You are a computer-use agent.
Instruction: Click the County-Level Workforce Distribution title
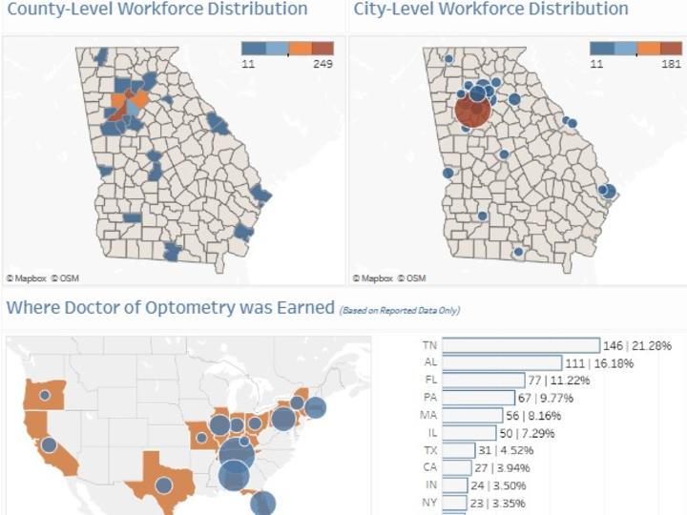157,10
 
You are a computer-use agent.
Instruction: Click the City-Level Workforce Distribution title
490,10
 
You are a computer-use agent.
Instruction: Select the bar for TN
521,345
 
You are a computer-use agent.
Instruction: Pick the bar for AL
502,362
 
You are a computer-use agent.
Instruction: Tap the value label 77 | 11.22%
561,380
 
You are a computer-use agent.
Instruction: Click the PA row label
429,398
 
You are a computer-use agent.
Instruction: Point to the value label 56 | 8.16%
537,416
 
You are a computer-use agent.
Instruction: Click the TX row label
429,450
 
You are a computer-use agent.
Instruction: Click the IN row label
429,485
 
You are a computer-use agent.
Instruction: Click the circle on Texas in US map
164,485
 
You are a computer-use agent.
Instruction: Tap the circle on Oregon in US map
43,393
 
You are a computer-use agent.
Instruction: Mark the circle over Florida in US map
263,504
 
